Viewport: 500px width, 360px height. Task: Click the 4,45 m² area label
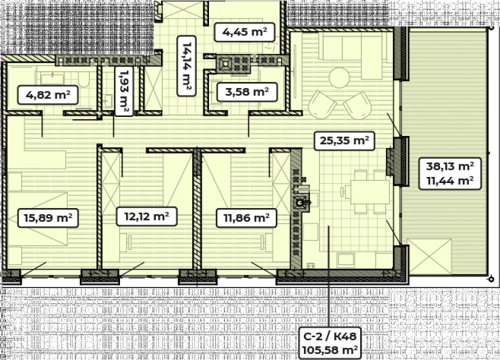coord(244,32)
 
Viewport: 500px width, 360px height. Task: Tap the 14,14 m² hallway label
coord(186,66)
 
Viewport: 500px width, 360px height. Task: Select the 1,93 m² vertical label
coord(123,91)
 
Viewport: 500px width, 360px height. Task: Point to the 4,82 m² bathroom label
coord(48,95)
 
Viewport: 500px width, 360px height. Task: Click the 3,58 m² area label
coord(247,92)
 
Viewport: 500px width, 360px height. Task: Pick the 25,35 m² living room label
coord(344,140)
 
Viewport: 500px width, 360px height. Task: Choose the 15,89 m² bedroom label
coord(48,218)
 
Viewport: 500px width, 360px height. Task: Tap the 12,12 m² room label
coord(146,216)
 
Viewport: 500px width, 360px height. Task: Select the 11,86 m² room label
coord(246,218)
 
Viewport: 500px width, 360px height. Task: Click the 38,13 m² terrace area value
coord(450,166)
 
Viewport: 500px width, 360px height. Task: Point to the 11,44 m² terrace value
coord(450,181)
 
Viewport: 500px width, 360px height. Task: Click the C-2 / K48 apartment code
coord(329,336)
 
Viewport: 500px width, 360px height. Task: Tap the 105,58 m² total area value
coord(329,350)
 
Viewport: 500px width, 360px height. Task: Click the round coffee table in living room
coord(339,77)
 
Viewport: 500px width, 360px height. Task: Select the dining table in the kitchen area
coord(370,192)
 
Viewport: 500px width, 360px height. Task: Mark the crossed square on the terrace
coord(429,256)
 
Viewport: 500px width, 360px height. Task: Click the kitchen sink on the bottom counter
coord(345,260)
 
